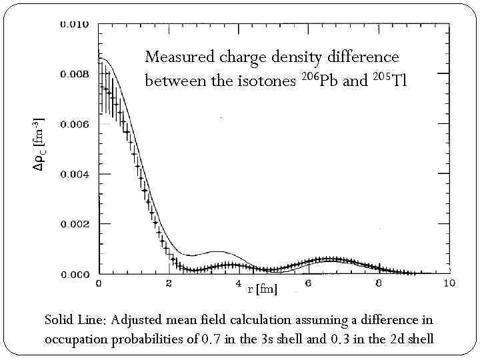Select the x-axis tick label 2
pos(169,284)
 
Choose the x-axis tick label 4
pos(239,284)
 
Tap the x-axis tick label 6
pos(308,284)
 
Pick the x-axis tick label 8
pos(378,284)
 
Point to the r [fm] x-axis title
pos(262,289)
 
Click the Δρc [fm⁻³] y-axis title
pos(39,143)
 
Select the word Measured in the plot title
pos(177,58)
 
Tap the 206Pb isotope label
pos(319,81)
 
